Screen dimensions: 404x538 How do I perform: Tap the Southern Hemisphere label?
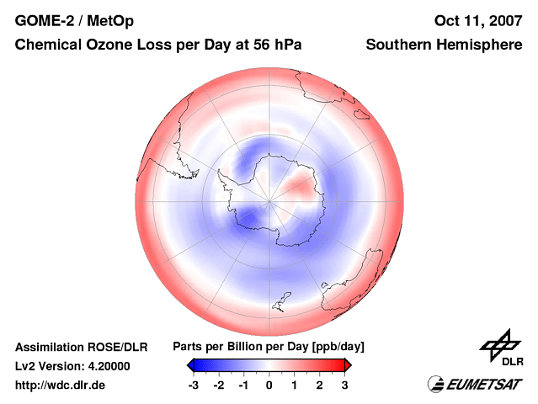tap(444, 44)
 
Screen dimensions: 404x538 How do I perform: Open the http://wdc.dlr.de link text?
tap(61, 385)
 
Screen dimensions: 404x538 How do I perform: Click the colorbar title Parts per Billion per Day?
tap(268, 347)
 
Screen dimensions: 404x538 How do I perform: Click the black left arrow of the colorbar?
tap(190, 364)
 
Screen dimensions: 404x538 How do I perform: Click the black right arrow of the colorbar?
tap(347, 364)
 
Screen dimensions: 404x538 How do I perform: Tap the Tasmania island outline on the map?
tap(284, 299)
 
